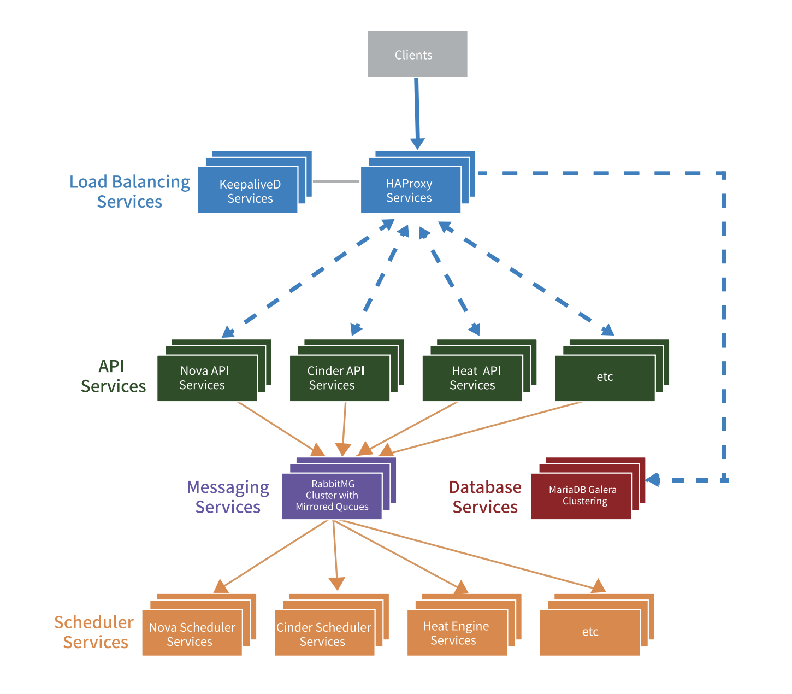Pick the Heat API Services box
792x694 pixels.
tap(472, 378)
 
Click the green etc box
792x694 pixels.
tap(605, 378)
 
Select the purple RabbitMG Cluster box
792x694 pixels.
tap(332, 496)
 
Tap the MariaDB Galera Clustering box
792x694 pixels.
tap(581, 496)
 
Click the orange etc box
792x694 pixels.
tap(590, 632)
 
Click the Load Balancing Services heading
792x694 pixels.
tap(129, 191)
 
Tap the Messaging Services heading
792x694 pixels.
tap(228, 497)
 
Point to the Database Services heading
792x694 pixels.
tap(485, 497)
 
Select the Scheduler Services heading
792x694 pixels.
tap(94, 632)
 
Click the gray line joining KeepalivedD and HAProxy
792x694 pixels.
tap(336, 181)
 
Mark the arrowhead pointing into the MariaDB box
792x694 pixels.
tap(653, 480)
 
